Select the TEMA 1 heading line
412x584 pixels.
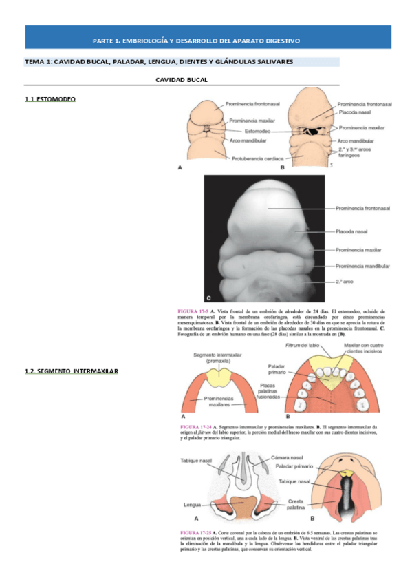159,62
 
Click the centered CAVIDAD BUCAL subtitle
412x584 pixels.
182,80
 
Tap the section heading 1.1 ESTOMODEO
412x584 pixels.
50,100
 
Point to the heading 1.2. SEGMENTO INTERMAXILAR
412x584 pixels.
72,372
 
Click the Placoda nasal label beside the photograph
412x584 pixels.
351,232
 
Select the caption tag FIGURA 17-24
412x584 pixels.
196,427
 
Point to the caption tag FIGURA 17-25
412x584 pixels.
196,533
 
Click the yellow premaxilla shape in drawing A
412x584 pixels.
219,377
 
